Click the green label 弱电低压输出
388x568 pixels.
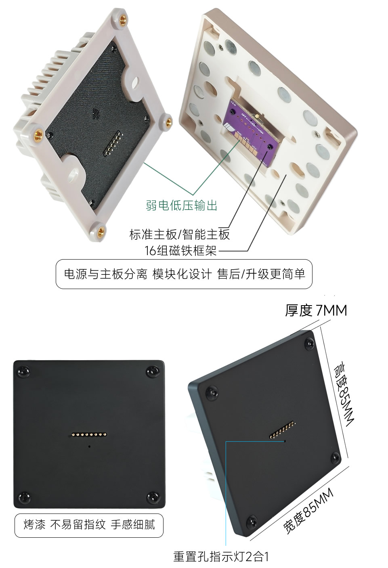pyautogui.click(x=181, y=205)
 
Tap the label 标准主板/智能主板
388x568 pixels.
pyautogui.click(x=179, y=234)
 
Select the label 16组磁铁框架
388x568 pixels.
pyautogui.click(x=180, y=251)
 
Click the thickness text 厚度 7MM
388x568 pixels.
pyautogui.click(x=316, y=310)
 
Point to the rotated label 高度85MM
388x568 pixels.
pyautogui.click(x=343, y=394)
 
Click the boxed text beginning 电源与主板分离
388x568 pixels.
pyautogui.click(x=184, y=274)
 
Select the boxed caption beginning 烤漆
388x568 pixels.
pyautogui.click(x=89, y=524)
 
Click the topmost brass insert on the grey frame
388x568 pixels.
pyautogui.click(x=123, y=19)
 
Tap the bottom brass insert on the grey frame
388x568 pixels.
pyautogui.click(x=101, y=231)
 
